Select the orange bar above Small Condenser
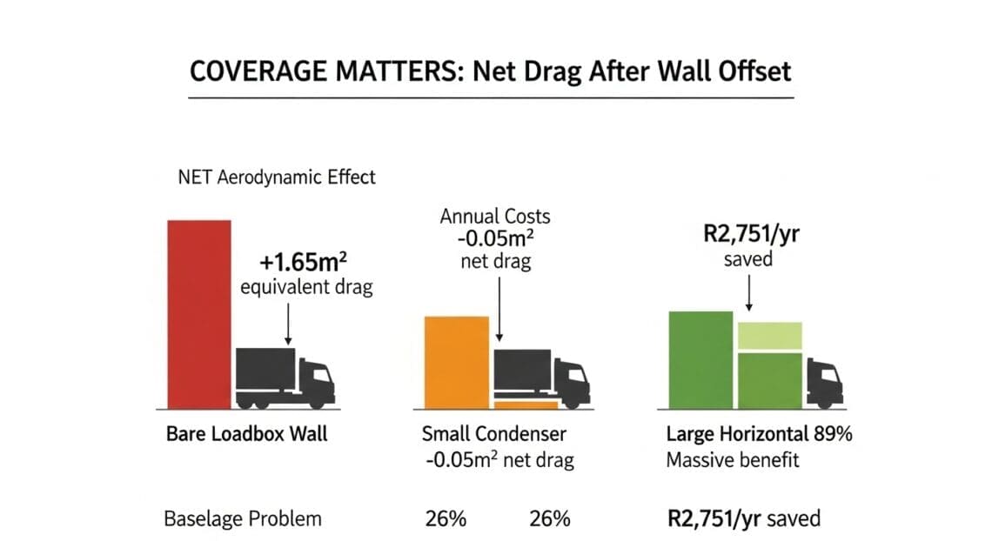(x=456, y=361)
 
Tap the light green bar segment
(x=769, y=335)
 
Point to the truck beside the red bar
(x=285, y=377)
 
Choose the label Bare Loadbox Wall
(x=246, y=433)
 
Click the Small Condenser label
(x=493, y=433)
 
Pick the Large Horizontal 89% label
(x=759, y=433)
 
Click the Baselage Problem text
(x=243, y=519)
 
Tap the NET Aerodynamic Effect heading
(x=277, y=177)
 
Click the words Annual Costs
(x=495, y=216)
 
